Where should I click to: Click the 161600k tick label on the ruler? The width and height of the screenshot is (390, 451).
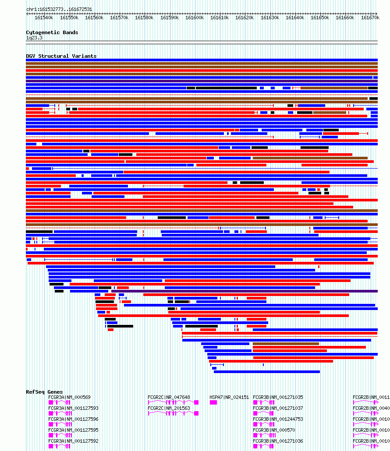coord(195,18)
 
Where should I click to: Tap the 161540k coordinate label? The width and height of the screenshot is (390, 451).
coord(44,18)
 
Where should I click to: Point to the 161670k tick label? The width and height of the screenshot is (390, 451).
coord(370,18)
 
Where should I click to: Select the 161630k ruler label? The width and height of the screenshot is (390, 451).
coord(270,18)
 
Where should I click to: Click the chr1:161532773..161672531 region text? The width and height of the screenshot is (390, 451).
coord(59,9)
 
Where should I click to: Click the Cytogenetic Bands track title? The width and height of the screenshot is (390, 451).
coord(52,32)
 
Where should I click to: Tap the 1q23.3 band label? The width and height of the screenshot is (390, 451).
coord(34,38)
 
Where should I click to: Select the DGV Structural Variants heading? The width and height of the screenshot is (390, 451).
coord(61,56)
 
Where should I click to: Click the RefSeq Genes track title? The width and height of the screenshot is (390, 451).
coord(44,392)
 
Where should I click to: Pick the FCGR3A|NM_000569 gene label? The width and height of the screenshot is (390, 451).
coord(69,397)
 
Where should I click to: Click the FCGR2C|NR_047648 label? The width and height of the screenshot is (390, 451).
coord(169,397)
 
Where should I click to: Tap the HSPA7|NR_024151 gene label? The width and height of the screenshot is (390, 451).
coord(229,397)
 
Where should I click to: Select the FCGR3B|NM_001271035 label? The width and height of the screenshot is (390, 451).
coord(278,397)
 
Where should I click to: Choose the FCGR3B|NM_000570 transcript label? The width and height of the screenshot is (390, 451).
coord(274,430)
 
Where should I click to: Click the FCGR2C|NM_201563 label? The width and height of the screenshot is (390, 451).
coord(169,408)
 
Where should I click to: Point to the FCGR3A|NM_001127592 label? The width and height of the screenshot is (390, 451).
coord(73,441)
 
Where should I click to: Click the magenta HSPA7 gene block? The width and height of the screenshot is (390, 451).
coord(213,402)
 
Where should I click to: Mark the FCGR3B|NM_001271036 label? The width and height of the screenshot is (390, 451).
coord(278,441)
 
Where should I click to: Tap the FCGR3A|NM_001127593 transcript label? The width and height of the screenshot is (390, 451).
coord(73,408)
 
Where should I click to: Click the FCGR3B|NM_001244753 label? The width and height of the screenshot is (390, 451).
coord(278,419)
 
